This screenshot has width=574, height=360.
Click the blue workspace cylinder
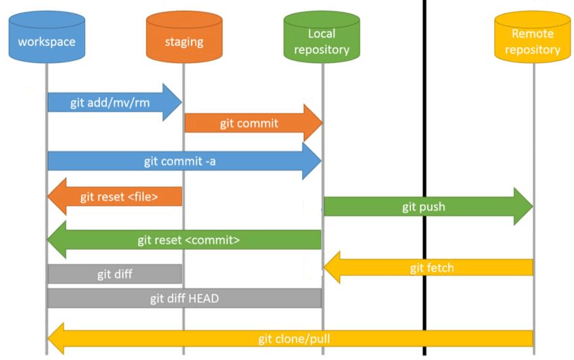pos(46,40)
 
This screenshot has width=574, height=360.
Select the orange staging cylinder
pos(184,40)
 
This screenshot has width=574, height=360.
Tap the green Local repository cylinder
pos(322,40)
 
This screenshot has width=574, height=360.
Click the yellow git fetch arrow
pos(429,267)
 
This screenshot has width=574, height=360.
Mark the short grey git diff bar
pos(115,274)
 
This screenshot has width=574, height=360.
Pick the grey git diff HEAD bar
pos(184,298)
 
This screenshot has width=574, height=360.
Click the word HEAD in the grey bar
pos(204,298)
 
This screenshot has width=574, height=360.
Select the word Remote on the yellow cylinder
pos(532,34)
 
